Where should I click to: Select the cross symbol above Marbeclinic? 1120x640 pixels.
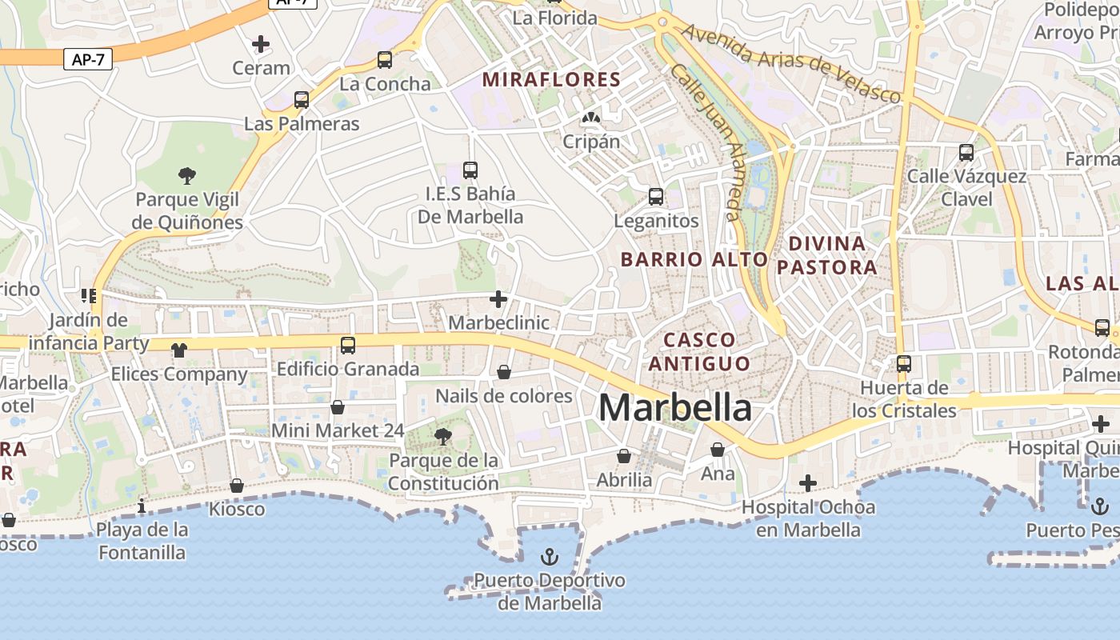pos(498,299)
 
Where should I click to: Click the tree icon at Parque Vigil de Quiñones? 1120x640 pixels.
pos(187,175)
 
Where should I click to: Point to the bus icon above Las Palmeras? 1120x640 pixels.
pos(302,100)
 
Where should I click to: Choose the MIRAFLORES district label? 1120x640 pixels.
pos(551,79)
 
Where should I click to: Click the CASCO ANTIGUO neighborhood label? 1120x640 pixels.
pos(699,351)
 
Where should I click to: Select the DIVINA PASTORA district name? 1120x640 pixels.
pos(827,255)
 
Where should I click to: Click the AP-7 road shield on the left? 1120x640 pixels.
pos(88,59)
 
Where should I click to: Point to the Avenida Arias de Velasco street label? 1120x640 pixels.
pos(792,63)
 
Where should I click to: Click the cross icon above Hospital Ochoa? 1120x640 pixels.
pos(808,483)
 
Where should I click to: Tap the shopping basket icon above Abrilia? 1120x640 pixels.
pos(624,456)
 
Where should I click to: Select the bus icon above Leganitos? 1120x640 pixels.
pos(656,197)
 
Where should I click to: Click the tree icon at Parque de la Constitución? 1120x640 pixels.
pos(442,437)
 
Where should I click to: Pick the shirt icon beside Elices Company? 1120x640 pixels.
pos(178,350)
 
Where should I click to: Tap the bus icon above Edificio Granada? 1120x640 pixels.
pos(348,346)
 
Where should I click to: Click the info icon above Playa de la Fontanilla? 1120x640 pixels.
pos(142,506)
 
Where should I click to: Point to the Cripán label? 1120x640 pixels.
pos(591,142)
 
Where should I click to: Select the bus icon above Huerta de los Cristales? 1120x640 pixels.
pos(904,364)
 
